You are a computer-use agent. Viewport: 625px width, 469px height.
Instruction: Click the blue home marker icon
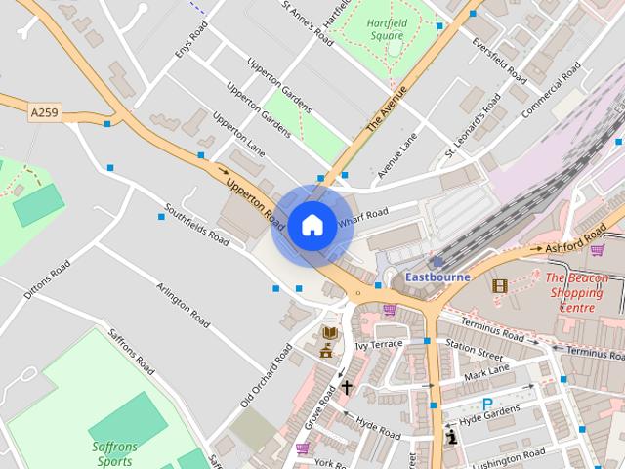tap(312, 225)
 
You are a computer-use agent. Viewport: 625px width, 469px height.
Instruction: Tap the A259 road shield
tap(44, 114)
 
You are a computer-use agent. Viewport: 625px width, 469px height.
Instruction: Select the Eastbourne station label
tap(437, 277)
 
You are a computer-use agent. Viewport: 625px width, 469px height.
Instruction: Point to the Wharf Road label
tap(363, 218)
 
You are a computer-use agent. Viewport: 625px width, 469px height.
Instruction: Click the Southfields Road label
tap(196, 224)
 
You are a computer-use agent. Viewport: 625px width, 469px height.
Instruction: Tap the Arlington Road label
tap(184, 305)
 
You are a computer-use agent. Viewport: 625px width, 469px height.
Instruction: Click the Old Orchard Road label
tap(267, 375)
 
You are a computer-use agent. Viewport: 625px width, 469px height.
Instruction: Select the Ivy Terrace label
tap(379, 345)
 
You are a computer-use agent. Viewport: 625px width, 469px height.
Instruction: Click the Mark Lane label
tap(487, 373)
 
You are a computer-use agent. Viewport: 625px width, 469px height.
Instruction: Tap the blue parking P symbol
tap(487, 404)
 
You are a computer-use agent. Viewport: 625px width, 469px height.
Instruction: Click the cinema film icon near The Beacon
tap(500, 285)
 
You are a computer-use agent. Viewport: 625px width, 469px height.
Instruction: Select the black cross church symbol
tap(347, 388)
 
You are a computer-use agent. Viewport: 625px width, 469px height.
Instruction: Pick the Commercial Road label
tap(551, 91)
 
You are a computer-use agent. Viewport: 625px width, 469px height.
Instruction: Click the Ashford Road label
tap(577, 242)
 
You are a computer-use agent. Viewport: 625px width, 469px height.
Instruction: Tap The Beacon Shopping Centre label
tap(575, 292)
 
